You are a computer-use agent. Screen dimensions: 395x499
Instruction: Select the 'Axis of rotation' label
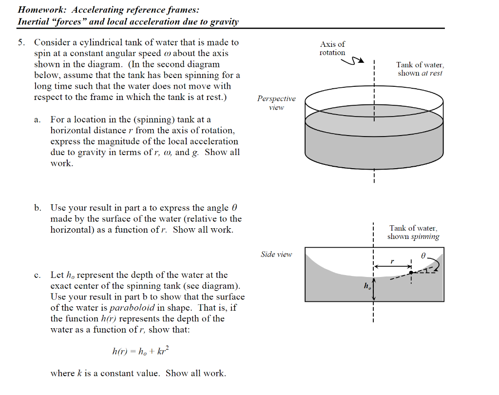(332, 48)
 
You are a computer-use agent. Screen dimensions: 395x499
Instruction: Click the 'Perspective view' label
(276, 103)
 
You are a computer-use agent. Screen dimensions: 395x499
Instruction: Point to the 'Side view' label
(276, 254)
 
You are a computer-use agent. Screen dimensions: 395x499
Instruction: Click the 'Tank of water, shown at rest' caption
(420, 69)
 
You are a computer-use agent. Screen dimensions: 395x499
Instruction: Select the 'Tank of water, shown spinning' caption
(413, 232)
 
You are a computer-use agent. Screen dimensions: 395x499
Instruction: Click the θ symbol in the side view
(423, 255)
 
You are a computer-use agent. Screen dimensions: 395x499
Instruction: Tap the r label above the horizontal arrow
(392, 261)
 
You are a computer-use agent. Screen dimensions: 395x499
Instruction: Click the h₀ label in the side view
(367, 287)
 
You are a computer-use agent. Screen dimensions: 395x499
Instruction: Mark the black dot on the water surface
(411, 273)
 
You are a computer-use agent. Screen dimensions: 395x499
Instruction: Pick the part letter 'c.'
(38, 276)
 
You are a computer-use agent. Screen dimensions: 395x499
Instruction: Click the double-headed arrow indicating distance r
(392, 266)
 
